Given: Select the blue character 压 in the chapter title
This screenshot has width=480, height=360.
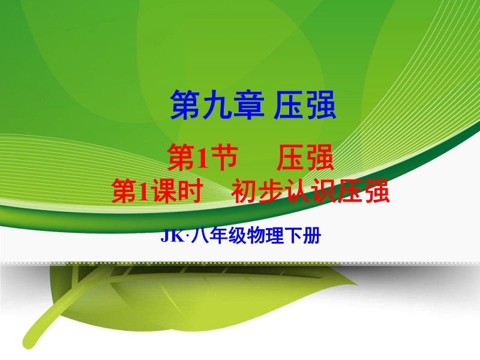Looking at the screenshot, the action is tap(289, 104).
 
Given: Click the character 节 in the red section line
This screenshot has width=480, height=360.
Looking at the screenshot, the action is tap(224, 157).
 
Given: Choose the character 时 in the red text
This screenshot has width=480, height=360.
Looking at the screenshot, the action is tap(190, 191).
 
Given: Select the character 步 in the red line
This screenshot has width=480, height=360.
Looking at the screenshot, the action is tap(270, 191).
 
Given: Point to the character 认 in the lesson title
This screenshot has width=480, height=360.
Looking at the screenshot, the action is tap(296, 191).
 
